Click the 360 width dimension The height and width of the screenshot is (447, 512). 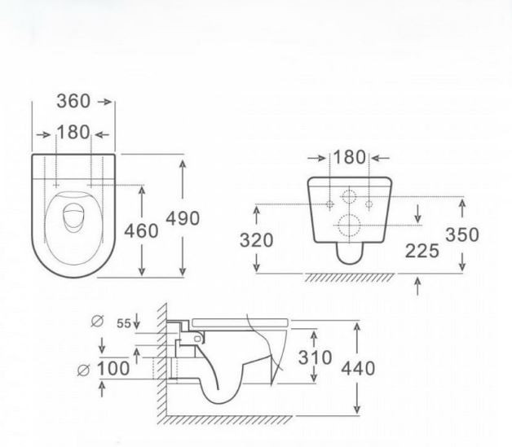tap(73, 101)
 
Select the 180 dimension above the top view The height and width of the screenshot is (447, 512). tap(73, 132)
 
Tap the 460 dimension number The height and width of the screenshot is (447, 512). tap(141, 231)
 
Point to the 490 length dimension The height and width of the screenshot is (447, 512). tap(183, 218)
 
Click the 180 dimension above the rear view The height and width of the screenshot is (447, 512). tap(350, 157)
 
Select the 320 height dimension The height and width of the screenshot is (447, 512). tap(256, 240)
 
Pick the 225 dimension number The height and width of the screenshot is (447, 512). tap(422, 251)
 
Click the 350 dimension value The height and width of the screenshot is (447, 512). tap(462, 234)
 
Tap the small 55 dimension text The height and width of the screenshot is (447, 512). tap(124, 323)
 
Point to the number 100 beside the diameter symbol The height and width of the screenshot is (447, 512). tap(113, 369)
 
